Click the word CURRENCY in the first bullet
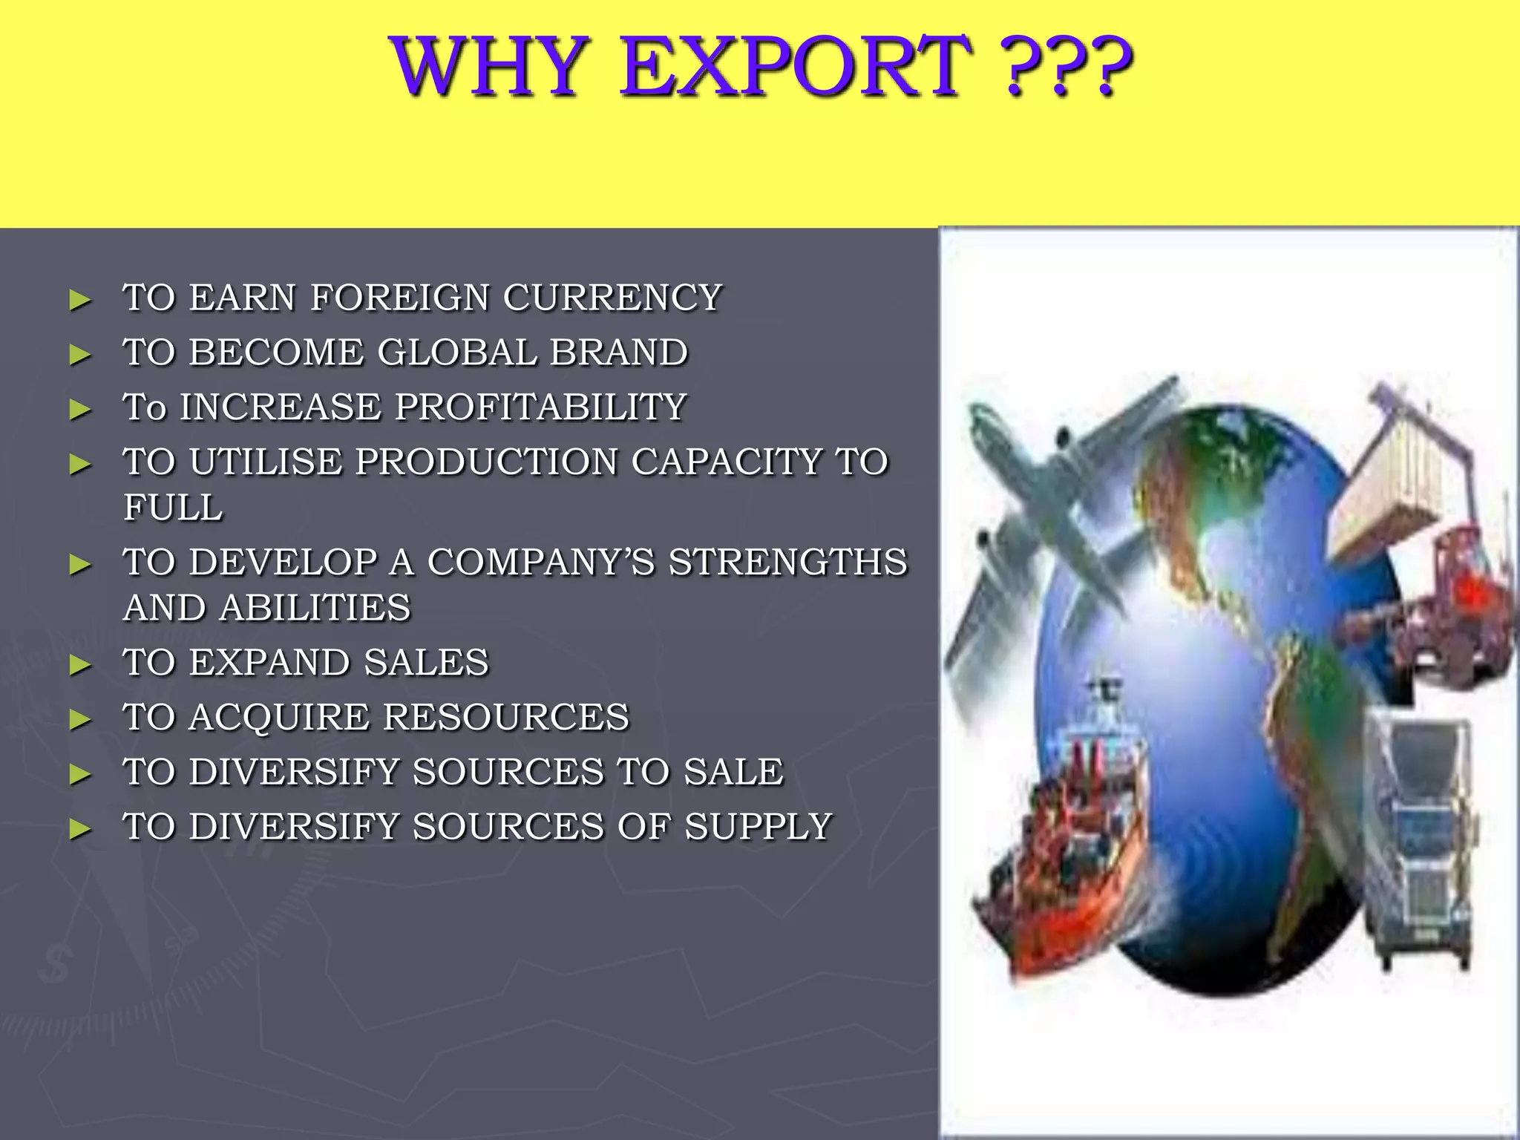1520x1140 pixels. coord(612,298)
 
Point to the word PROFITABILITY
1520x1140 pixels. coord(540,407)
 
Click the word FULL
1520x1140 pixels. coord(173,508)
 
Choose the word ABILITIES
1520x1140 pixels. coord(315,608)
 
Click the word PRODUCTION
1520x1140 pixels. coord(486,462)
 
